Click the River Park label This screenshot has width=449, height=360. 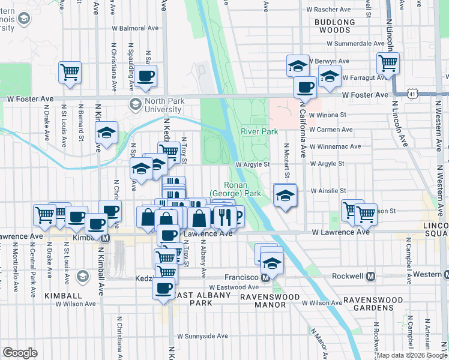259,131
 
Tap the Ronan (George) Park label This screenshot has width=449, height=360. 235,190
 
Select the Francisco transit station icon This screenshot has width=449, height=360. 265,277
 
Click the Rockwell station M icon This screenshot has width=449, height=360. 370,277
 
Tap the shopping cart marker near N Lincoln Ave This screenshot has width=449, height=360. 388,62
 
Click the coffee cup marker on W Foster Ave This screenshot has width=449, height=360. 305,88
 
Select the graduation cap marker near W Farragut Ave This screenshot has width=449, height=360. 330,76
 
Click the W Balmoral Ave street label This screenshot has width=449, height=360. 135,28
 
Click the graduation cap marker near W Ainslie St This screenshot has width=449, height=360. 285,194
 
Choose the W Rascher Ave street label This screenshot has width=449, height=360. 328,10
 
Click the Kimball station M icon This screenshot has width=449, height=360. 106,238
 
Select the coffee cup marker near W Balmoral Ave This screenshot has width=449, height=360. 145,76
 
